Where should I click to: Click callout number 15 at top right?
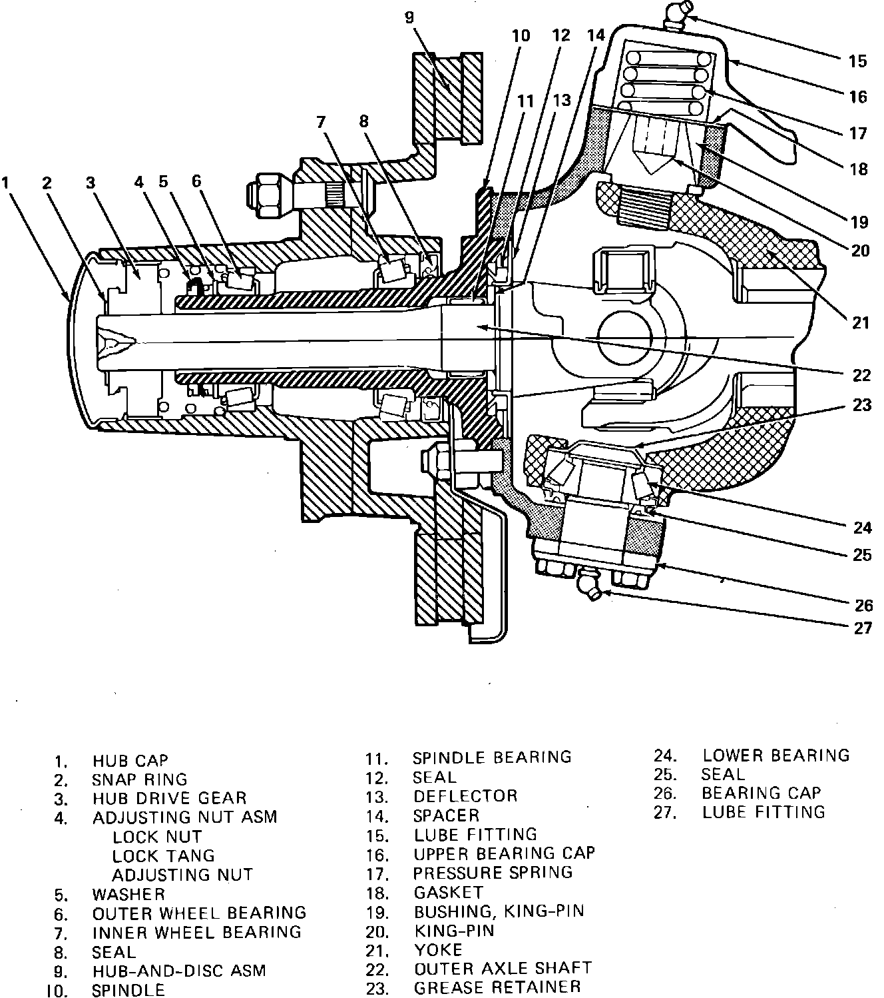pos(858,61)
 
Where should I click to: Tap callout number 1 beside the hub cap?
pos(7,182)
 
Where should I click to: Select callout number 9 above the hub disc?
pos(409,17)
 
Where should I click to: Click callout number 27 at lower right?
pos(862,628)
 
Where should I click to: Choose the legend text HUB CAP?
pos(130,761)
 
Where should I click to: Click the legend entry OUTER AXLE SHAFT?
pos(503,968)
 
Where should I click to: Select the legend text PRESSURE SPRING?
pos(493,872)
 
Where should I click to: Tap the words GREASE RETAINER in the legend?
pos(497,987)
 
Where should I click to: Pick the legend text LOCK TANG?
pos(164,855)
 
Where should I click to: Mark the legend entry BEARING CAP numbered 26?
pos(762,793)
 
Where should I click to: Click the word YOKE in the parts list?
pos(438,949)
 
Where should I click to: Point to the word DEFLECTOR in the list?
pos(465,796)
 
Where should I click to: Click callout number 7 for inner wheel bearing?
pos(321,121)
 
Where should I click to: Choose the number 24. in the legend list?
pos(666,755)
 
